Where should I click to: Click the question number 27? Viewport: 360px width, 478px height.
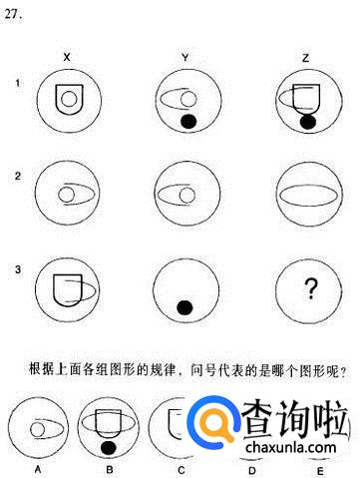pos(13,15)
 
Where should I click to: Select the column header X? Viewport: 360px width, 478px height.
pos(67,57)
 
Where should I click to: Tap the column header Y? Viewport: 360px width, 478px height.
pos(185,57)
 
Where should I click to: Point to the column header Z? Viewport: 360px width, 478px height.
pos(305,58)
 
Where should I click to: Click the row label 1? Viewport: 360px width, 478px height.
pos(18,83)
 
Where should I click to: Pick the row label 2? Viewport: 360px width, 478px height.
pos(18,176)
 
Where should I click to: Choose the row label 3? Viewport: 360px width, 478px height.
pos(18,269)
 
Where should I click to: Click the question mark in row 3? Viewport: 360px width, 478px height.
pos(311,288)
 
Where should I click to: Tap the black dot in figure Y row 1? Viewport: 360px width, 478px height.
pos(188,122)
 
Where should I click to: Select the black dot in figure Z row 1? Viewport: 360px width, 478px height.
pos(308,122)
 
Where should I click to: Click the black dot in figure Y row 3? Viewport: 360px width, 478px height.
pos(184,307)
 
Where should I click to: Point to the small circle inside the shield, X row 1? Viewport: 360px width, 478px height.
pos(69,99)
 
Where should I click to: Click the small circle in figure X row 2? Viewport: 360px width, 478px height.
pos(67,195)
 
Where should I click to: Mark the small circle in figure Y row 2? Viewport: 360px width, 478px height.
pos(186,195)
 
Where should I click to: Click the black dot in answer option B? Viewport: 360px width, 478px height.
pos(109,448)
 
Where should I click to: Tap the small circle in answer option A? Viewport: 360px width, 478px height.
pos(38,429)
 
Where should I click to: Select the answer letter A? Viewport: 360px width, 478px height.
pos(38,469)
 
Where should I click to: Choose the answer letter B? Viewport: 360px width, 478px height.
pos(110,469)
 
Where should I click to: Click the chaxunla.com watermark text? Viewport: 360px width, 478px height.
pos(291,447)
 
